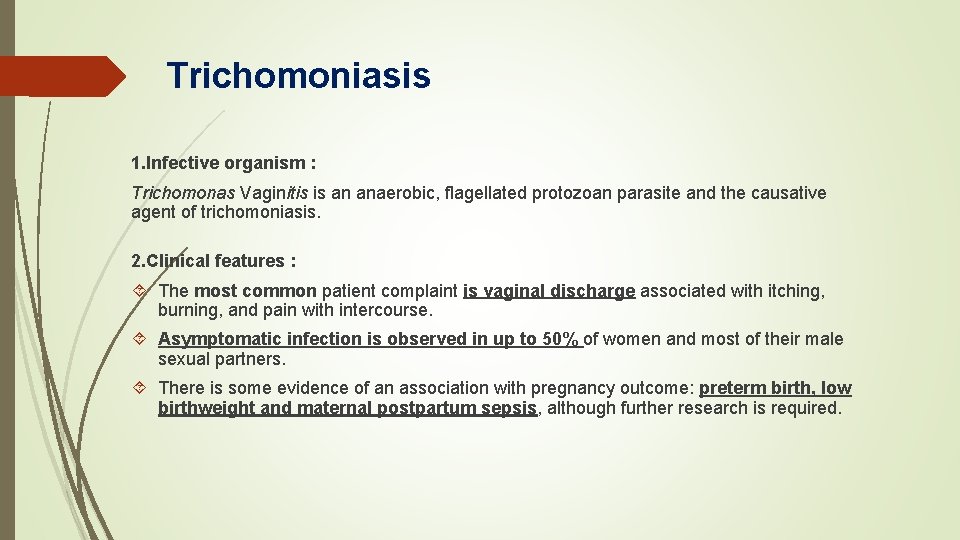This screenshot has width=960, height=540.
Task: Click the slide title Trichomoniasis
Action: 298,76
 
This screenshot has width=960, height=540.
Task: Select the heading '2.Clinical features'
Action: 213,261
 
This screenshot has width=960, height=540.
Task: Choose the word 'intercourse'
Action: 385,310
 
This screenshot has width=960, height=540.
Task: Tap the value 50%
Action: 560,339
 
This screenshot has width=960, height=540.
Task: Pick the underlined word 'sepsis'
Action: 512,408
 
